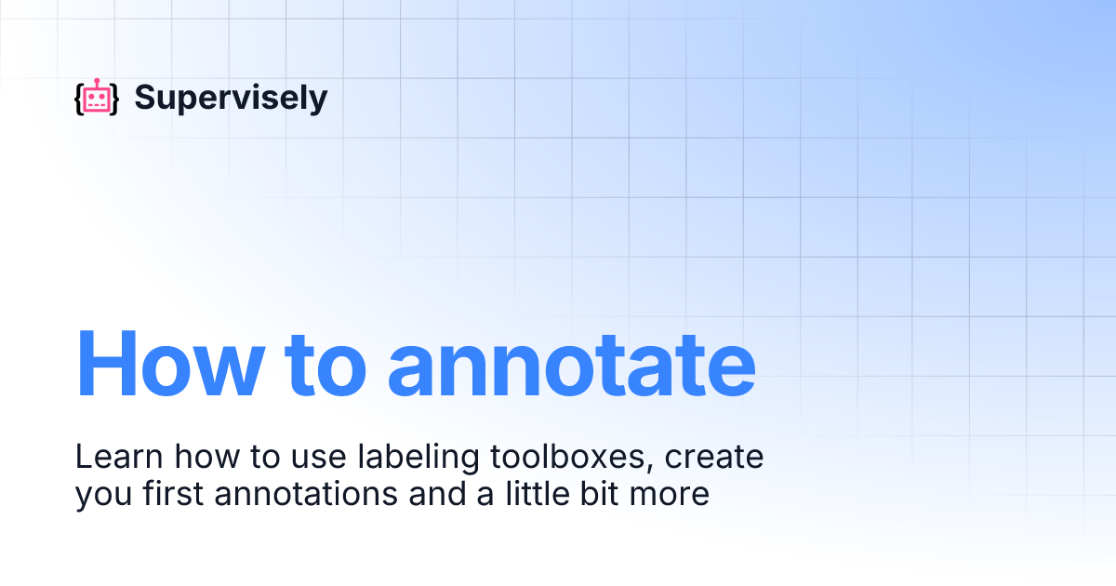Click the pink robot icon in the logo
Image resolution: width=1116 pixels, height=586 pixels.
[x=97, y=100]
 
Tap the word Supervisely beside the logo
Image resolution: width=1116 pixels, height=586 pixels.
[x=231, y=98]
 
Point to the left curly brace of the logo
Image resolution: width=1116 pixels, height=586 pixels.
[x=78, y=100]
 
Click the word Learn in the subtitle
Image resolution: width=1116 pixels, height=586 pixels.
[x=109, y=458]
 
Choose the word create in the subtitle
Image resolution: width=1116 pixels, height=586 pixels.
[x=714, y=458]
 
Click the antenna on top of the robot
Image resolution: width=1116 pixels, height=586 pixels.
[x=97, y=82]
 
